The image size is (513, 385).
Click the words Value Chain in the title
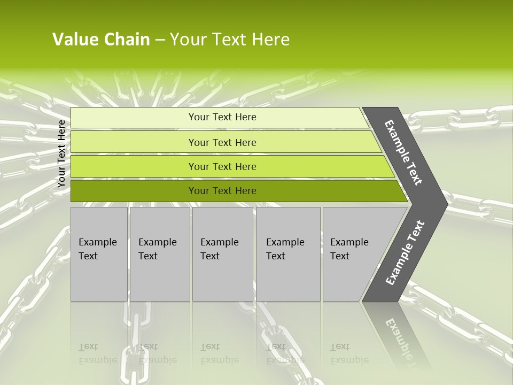tap(101, 40)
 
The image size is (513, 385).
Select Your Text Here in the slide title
tap(230, 40)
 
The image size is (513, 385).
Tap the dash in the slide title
tap(160, 40)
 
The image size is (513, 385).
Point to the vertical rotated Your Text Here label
tap(61, 153)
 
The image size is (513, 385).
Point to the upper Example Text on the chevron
tap(403, 152)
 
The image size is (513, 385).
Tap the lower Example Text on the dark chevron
tap(405, 253)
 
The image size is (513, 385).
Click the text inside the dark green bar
tap(222, 191)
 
